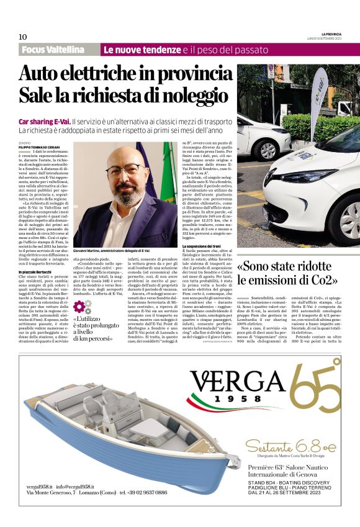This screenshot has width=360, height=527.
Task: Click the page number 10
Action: (23, 37)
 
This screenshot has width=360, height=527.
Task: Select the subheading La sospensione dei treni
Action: (202, 246)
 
